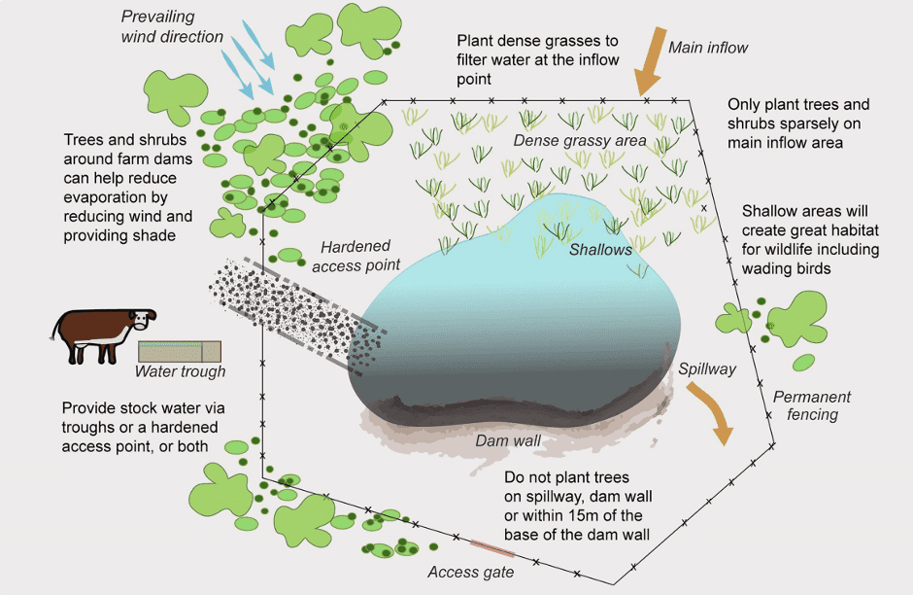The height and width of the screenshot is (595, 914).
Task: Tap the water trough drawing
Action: tap(180, 352)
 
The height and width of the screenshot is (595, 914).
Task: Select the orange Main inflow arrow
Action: tap(652, 60)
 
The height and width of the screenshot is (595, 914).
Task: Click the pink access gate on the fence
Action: tap(492, 549)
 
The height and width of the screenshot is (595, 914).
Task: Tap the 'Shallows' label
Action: tap(600, 250)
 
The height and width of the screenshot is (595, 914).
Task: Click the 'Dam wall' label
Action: tap(508, 440)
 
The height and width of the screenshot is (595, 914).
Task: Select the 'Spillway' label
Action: tap(707, 369)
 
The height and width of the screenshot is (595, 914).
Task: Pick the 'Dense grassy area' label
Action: tap(580, 141)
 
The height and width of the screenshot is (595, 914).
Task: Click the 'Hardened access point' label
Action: tap(355, 256)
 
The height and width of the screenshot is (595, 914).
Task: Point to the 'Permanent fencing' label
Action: tap(812, 405)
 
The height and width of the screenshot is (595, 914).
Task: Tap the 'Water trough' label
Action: tap(180, 371)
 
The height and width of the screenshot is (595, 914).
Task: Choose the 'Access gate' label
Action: tap(471, 573)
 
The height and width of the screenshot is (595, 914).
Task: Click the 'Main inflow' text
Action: tap(708, 48)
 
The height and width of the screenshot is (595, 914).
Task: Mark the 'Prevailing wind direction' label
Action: tap(172, 26)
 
